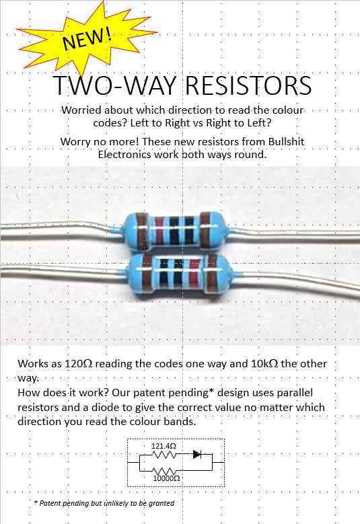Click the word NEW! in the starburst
tap(87, 39)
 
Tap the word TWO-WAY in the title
tap(114, 85)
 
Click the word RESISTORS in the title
tap(248, 85)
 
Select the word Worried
tap(81, 110)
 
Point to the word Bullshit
tap(287, 141)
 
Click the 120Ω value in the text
tap(79, 363)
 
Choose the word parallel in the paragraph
tap(295, 392)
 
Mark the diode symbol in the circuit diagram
tap(197, 454)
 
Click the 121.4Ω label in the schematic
tap(164, 446)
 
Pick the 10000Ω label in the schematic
tap(166, 478)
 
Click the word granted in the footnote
tap(161, 503)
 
